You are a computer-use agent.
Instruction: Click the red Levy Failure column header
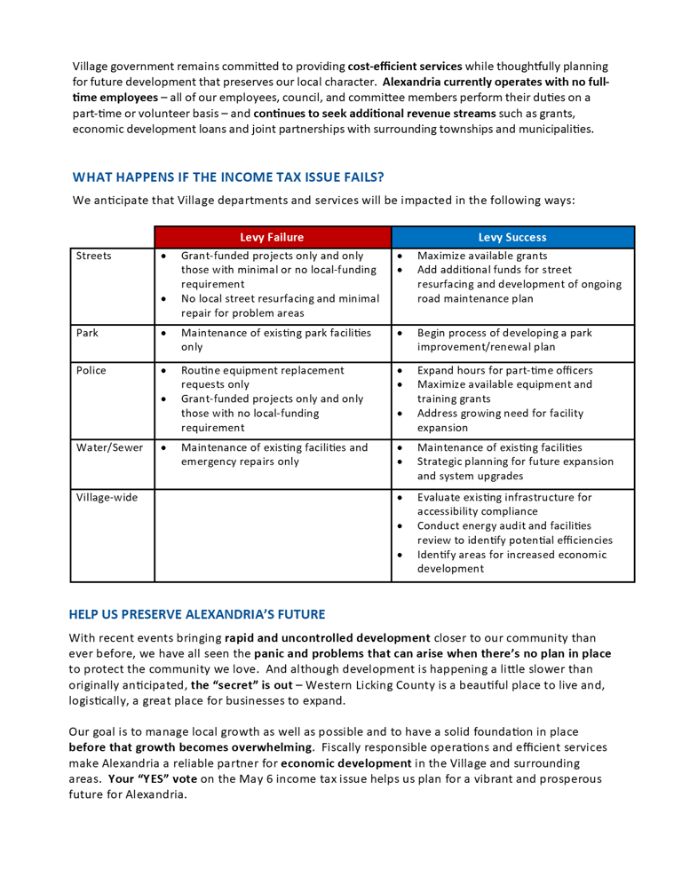273,237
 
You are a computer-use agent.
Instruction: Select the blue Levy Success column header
513,237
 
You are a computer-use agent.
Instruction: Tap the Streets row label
92,258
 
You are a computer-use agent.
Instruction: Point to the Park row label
87,334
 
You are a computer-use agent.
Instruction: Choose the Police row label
91,370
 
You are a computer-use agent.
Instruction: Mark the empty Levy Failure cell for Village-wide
273,533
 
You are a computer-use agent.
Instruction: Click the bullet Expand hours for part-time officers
504,370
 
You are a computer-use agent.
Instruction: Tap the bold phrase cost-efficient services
404,67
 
